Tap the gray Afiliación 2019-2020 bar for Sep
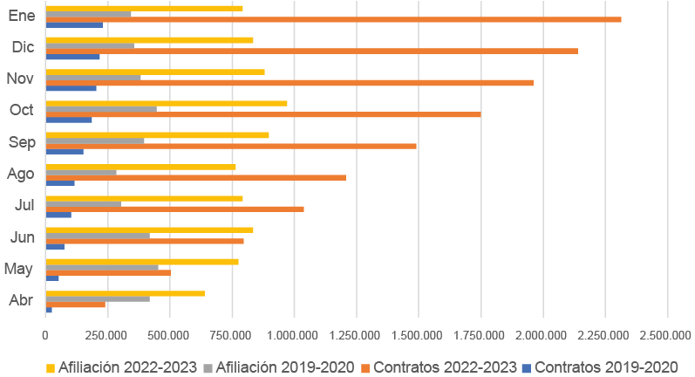95,141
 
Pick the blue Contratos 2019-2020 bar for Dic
72,57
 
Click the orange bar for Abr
75,304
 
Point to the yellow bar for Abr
125,293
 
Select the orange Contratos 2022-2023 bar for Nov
289,82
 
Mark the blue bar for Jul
58,215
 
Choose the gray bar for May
102,267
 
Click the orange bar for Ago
195,177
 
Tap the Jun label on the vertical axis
22,236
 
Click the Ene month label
22,16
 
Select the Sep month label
21,142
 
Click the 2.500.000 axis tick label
667,334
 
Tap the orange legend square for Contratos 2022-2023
366,367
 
